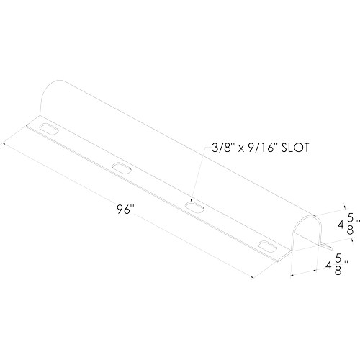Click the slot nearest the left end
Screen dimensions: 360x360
(x=50, y=129)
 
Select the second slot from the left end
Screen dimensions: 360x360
(x=122, y=167)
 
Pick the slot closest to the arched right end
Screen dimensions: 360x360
(x=267, y=246)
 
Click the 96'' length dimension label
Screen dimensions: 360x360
(x=125, y=209)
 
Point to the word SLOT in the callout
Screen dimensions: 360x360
(x=294, y=148)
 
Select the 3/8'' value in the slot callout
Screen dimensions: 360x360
(x=222, y=148)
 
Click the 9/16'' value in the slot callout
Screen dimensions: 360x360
(x=261, y=148)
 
